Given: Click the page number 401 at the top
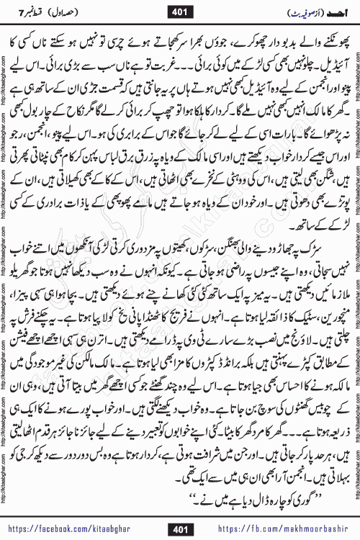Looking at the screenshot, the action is [179, 10].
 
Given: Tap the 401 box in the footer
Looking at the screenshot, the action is [179, 529].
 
